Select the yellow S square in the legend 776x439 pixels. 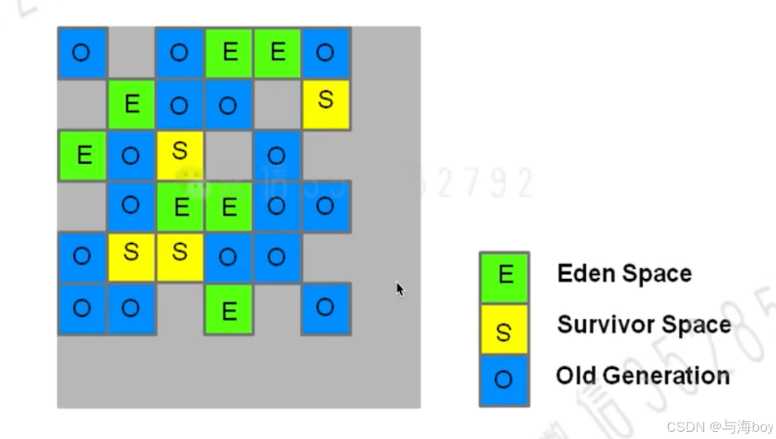pos(504,330)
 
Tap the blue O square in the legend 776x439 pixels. pos(504,380)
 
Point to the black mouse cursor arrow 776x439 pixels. pos(399,289)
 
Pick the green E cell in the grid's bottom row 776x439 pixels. pos(229,310)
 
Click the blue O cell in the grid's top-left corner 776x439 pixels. pos(82,53)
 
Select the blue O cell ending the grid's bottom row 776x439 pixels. pos(325,309)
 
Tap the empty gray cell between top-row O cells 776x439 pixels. pos(131,53)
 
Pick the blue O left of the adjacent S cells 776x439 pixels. pos(82,257)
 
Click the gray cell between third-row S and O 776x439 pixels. pos(229,154)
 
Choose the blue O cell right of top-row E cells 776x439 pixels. pos(325,53)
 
